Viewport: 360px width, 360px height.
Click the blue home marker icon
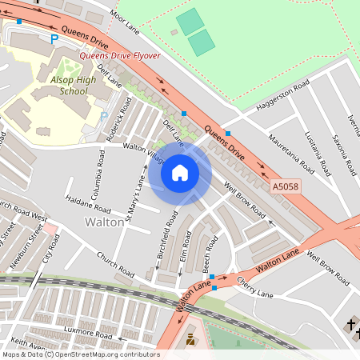(x=180, y=172)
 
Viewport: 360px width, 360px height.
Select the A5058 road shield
(x=286, y=186)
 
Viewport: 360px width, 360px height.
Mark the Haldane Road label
(x=82, y=202)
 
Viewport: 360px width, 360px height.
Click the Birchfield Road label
(x=164, y=240)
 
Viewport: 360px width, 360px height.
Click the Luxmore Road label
(x=83, y=332)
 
